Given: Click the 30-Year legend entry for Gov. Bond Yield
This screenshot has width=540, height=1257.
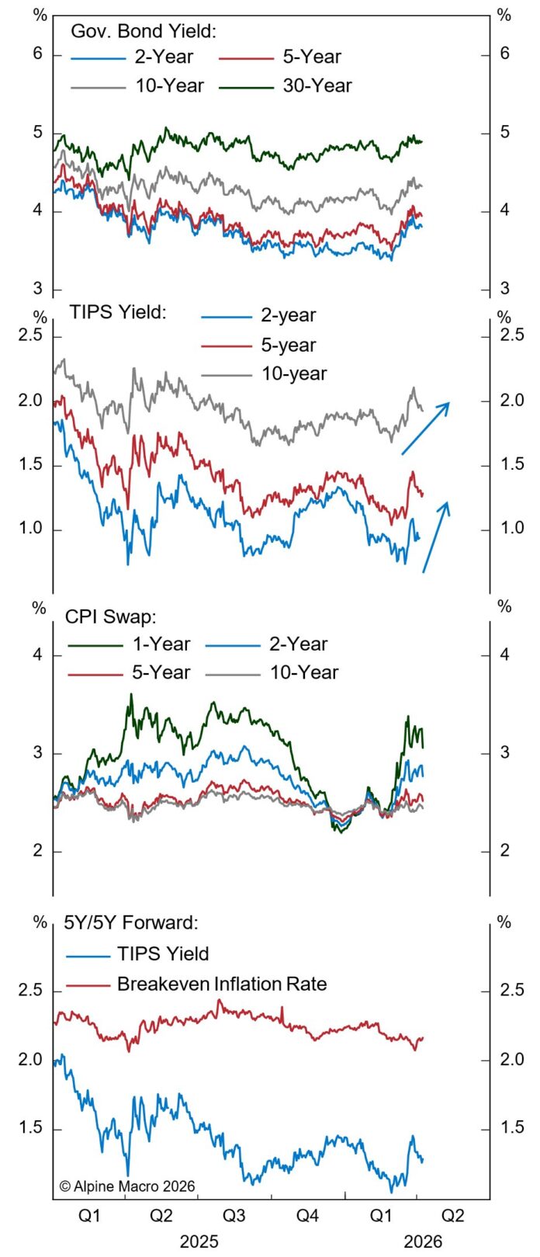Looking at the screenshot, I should (x=317, y=85).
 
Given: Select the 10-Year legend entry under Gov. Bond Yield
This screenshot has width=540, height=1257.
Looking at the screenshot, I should (x=169, y=85).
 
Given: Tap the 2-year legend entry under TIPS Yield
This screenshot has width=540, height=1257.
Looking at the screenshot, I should (x=288, y=315).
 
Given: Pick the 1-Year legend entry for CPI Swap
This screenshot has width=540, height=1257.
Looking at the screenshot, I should (x=161, y=644).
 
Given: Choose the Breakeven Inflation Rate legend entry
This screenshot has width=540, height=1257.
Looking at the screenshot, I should (x=222, y=984).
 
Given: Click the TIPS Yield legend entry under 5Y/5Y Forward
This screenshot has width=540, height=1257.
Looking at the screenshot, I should (x=163, y=954).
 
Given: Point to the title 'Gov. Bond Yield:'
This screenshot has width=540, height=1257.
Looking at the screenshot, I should (x=144, y=31).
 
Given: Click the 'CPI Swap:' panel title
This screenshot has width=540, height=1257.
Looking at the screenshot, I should (x=111, y=617).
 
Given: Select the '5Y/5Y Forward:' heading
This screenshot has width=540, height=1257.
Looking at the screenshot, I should (x=131, y=922).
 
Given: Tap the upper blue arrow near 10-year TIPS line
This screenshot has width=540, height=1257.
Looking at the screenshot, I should (x=425, y=428).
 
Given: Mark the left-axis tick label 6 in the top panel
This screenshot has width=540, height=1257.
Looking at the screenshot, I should (x=36, y=54).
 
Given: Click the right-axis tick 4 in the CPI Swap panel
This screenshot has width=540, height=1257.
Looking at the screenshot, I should (x=505, y=655).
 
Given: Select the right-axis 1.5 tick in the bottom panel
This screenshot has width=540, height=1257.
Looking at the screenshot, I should (x=512, y=1128).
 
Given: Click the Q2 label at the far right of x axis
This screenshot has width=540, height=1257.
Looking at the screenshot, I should (x=452, y=1215).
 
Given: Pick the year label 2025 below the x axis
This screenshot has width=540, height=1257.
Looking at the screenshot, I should (x=199, y=1241).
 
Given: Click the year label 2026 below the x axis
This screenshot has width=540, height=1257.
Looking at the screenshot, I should (x=423, y=1241).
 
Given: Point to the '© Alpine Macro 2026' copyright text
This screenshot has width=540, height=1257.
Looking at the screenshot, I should (x=127, y=1186).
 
